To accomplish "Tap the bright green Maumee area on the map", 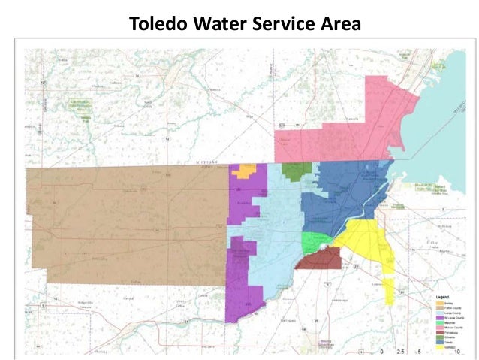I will [312, 242].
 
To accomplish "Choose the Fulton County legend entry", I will [453, 308].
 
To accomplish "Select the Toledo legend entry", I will [448, 342].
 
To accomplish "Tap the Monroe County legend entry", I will [453, 328].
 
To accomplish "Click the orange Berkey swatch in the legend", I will [440, 303].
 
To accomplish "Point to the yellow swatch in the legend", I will [440, 347].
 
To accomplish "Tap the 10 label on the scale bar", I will [457, 352].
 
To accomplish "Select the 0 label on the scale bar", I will [381, 352].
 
